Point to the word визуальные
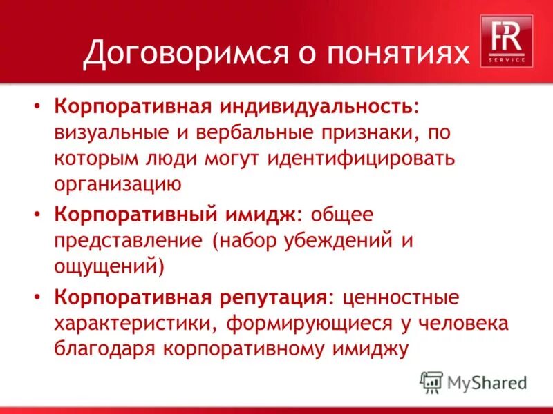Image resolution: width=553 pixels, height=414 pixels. [107, 133]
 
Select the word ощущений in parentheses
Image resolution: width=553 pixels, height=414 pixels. [109, 266]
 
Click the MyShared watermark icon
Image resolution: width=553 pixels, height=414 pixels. [431, 382]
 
